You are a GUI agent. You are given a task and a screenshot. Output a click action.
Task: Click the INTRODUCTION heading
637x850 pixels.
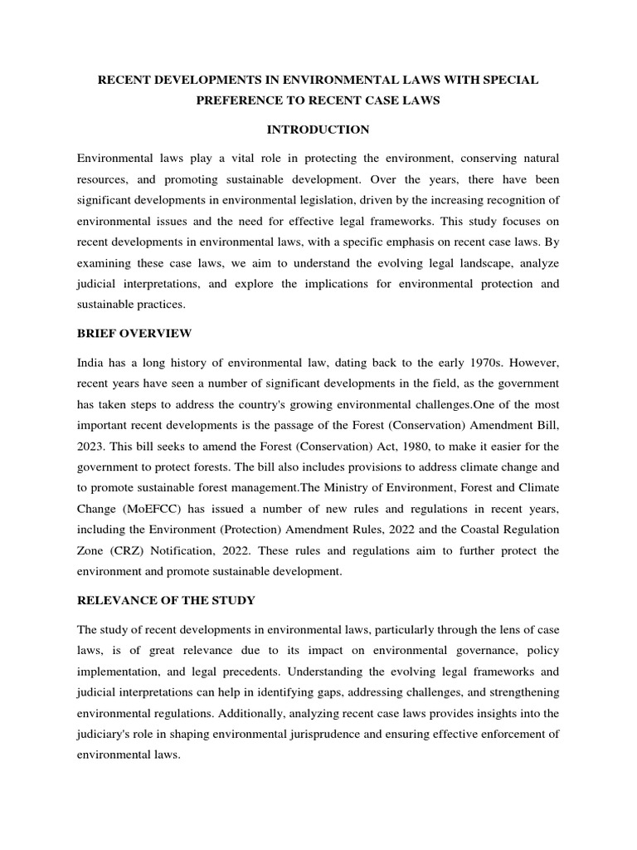point(318,129)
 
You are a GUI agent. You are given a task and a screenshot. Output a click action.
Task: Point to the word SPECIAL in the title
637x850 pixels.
point(507,80)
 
